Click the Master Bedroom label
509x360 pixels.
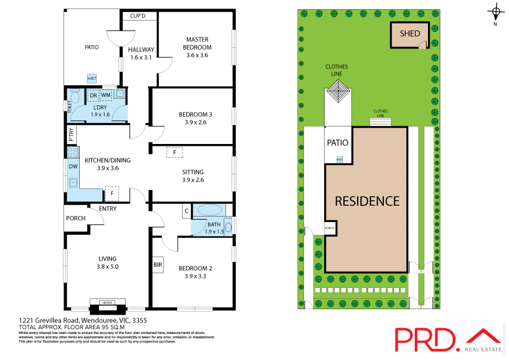coord(198,44)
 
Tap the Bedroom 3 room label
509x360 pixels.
coord(195,114)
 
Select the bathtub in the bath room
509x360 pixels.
coord(210,211)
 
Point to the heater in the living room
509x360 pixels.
coord(107,302)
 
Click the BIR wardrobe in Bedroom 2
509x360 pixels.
coord(158,264)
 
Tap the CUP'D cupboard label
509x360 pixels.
coord(138,16)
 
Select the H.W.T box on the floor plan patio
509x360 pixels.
coord(92,79)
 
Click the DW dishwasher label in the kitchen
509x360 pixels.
coord(73,166)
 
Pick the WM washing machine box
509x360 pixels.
coord(105,95)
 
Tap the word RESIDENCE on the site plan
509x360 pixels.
coord(367,201)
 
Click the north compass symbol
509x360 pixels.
coord(496,12)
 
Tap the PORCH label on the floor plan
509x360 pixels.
coord(76,218)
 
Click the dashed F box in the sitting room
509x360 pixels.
coord(174,152)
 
